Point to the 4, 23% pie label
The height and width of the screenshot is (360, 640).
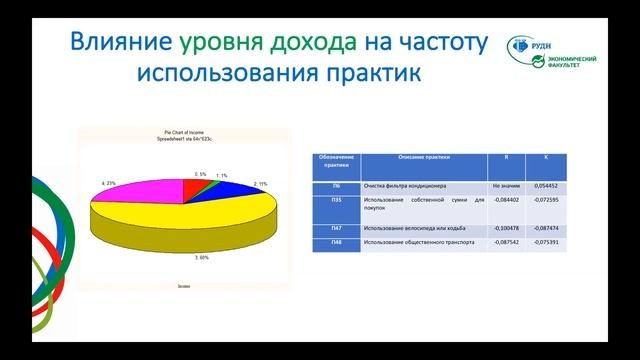108,184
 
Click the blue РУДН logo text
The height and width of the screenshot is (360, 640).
555,45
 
